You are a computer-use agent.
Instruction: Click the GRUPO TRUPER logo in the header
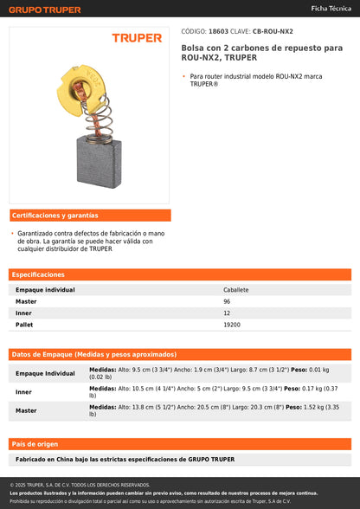45,10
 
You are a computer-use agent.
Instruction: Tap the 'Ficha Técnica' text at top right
331,7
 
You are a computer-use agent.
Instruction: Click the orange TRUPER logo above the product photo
137,38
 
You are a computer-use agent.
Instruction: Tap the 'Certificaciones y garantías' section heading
55,215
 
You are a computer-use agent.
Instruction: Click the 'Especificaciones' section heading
38,274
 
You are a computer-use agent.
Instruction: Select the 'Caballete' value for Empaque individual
236,290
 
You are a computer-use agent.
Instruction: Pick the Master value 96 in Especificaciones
227,301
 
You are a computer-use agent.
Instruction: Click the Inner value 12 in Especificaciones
227,312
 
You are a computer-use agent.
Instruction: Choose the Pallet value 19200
232,325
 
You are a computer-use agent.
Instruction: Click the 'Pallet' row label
24,325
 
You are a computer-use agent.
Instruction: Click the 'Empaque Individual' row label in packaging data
45,373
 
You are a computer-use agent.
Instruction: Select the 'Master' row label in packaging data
26,410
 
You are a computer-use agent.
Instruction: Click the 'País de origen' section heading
34,443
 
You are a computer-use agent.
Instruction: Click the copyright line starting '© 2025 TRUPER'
80,485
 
